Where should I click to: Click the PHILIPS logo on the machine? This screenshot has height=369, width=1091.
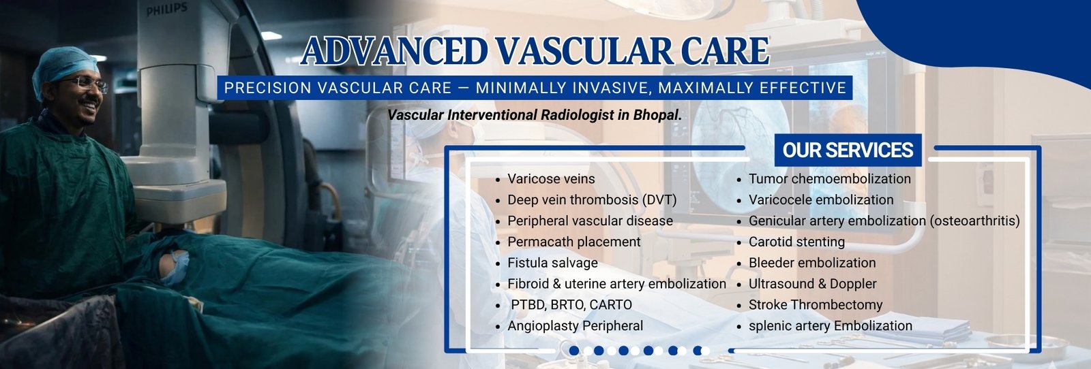click(166, 10)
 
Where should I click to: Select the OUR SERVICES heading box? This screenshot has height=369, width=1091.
click(848, 150)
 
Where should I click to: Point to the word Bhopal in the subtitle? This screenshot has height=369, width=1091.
click(655, 115)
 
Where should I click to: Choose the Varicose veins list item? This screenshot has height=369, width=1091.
click(551, 179)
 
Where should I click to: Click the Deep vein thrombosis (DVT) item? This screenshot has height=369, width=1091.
click(592, 199)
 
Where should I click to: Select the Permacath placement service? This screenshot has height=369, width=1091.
click(573, 242)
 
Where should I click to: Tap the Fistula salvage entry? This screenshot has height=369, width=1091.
click(552, 263)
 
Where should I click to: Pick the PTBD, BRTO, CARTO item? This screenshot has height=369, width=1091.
click(571, 305)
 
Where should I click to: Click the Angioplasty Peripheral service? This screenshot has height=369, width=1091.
click(576, 325)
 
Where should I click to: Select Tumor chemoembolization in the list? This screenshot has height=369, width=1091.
click(829, 179)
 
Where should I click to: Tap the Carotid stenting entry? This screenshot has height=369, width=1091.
click(796, 242)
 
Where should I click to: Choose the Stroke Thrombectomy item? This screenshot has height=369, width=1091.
click(816, 305)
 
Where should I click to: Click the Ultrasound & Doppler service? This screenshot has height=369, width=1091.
click(812, 284)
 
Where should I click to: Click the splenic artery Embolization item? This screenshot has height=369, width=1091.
click(831, 325)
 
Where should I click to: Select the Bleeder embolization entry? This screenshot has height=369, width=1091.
click(812, 263)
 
